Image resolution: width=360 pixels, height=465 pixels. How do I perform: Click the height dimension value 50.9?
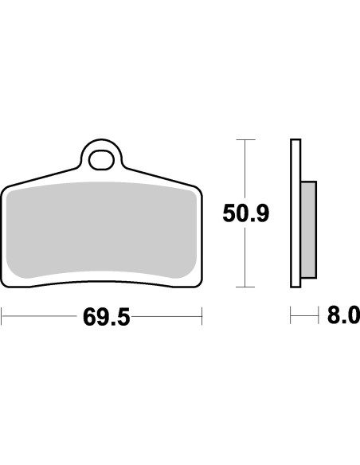[x=246, y=213]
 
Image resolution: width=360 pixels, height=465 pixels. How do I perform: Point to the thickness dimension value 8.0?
[x=343, y=317]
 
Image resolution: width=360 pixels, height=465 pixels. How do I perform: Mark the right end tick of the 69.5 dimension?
[x=202, y=317]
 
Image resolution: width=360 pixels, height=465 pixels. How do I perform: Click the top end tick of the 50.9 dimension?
[x=246, y=140]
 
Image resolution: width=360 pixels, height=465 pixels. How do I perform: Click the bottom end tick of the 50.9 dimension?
[x=246, y=287]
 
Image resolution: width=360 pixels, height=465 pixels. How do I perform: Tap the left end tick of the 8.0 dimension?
[x=291, y=317]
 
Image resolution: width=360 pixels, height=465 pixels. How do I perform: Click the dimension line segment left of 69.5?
[x=40, y=317]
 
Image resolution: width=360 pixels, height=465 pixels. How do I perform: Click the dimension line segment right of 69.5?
[x=167, y=317]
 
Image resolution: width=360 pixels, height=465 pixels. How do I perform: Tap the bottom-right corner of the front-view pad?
[x=198, y=283]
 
